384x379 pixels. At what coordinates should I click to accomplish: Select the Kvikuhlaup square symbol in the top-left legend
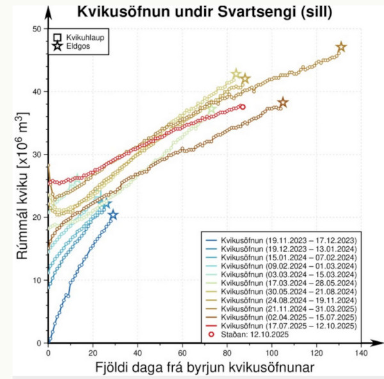pyautogui.click(x=58, y=38)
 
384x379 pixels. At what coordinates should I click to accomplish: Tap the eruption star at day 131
pyautogui.click(x=341, y=47)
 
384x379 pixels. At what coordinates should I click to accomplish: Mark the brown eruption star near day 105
pyautogui.click(x=283, y=103)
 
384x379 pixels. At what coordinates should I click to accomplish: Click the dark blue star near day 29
pyautogui.click(x=113, y=215)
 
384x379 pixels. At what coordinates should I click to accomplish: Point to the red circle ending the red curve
pyautogui.click(x=242, y=107)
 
